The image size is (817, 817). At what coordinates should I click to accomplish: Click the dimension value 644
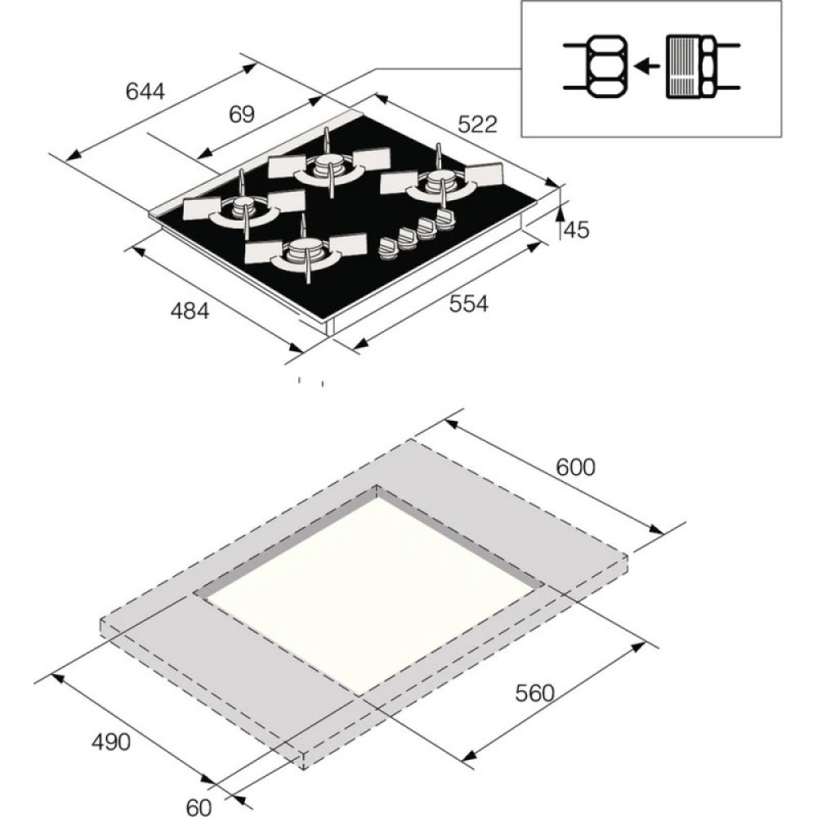pos(145,92)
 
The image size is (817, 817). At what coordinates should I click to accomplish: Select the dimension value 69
pos(242,114)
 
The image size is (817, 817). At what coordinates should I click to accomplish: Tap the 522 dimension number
pos(477,124)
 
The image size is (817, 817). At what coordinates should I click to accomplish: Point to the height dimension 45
pos(577,230)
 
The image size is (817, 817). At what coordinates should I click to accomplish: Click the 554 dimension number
pos(469,304)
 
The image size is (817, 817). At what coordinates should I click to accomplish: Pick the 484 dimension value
pos(190,310)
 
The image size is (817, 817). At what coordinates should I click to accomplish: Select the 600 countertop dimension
pos(576,467)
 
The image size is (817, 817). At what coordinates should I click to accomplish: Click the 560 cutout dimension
pos(535,693)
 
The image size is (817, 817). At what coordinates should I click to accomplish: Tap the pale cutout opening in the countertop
pos(368,588)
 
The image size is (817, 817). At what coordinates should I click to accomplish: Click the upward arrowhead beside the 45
pos(561,214)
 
